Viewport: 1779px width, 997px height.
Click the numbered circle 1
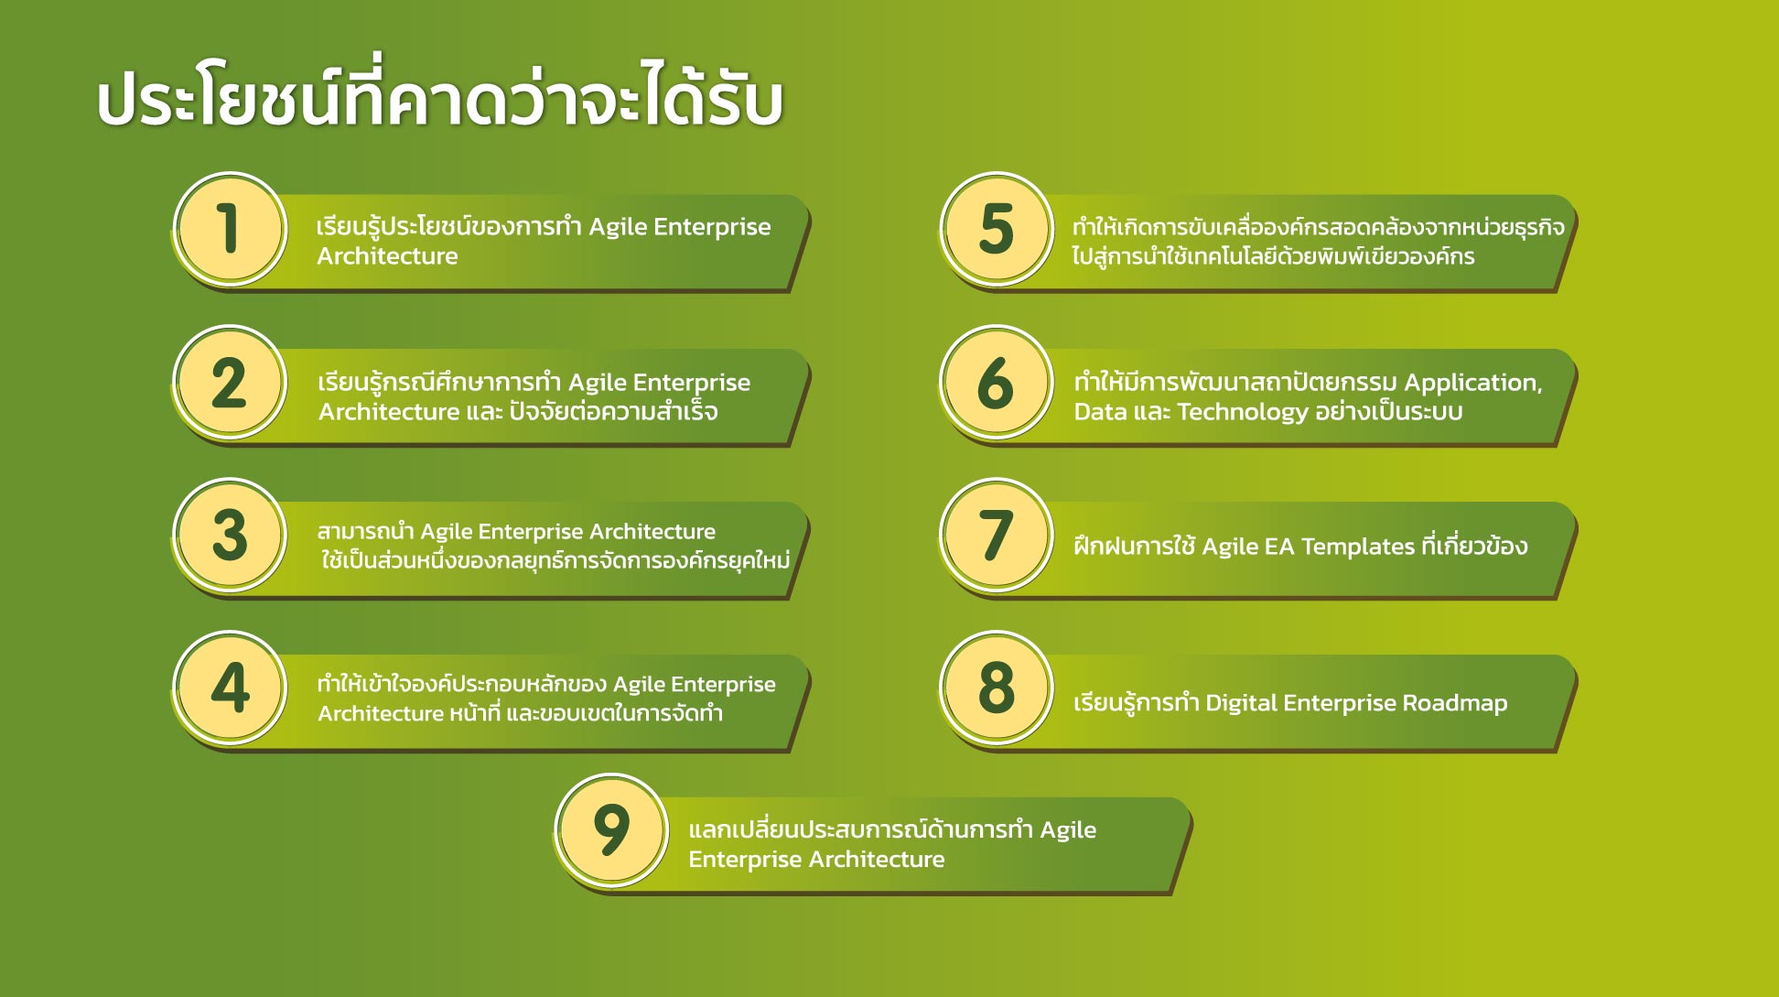pyautogui.click(x=230, y=229)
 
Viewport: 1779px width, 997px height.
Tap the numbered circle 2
pyautogui.click(x=230, y=383)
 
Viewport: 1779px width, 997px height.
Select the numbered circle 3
pyautogui.click(x=230, y=536)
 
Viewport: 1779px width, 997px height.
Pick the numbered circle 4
pyautogui.click(x=230, y=688)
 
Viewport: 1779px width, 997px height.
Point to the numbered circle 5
pyautogui.click(x=997, y=229)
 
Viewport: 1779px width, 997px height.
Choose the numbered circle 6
pyautogui.click(x=997, y=383)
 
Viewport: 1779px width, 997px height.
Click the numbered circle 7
pyautogui.click(x=997, y=536)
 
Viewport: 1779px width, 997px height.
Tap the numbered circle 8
pyautogui.click(x=997, y=688)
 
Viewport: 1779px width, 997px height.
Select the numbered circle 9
pyautogui.click(x=611, y=831)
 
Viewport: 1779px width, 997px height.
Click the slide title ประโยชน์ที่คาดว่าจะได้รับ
pyautogui.click(x=440, y=96)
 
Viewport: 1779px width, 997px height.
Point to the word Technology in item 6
pyautogui.click(x=1243, y=413)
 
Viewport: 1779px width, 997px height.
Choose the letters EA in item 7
pyautogui.click(x=1279, y=547)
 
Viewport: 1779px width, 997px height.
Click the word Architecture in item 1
pyautogui.click(x=387, y=256)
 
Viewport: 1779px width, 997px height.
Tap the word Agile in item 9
pyautogui.click(x=1068, y=831)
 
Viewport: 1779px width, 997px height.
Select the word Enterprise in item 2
pyautogui.click(x=692, y=384)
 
